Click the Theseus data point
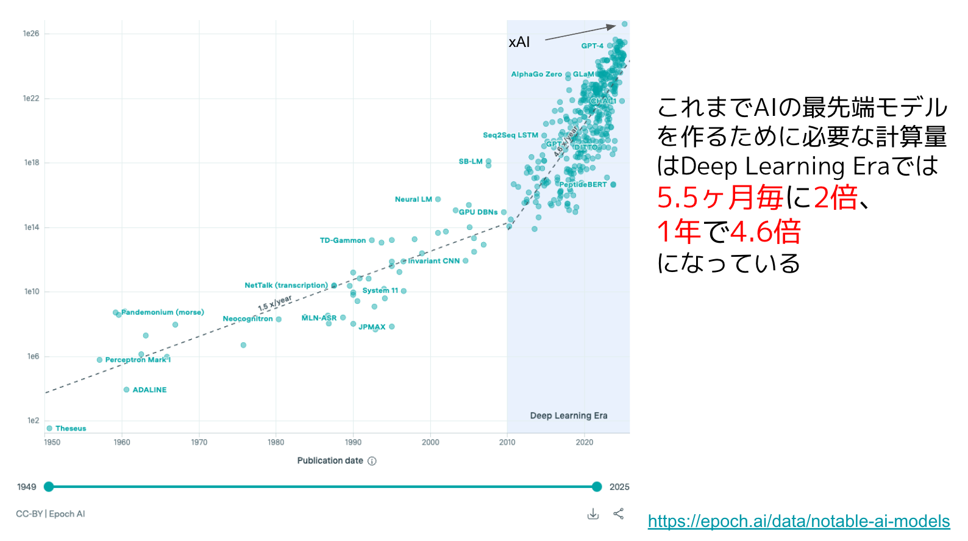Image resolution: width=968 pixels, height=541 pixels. coord(49,428)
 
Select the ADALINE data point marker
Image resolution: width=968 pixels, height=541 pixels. coord(126,390)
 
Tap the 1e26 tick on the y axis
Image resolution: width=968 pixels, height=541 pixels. coord(31,34)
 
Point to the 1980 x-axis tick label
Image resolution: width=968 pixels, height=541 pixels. coord(276,442)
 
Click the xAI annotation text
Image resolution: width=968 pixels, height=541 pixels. coord(519,42)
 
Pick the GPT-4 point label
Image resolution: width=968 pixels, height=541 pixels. coord(592,46)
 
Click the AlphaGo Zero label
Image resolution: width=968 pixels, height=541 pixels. coord(536,74)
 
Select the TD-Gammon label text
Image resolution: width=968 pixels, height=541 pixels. coord(343,240)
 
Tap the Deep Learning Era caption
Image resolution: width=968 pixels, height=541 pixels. coord(569,415)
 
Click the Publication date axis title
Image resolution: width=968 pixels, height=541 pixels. coord(330,460)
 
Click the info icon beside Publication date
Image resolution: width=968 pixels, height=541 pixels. coord(372,461)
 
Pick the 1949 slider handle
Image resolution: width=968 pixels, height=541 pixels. coord(49,487)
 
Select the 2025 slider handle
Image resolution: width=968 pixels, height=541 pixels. coord(597,487)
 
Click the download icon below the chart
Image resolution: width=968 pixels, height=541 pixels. coord(593,514)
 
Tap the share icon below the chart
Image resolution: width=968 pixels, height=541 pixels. coord(619,514)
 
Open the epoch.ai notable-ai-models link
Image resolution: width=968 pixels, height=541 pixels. coord(799,521)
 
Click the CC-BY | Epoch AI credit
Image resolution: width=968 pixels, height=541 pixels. coord(51,514)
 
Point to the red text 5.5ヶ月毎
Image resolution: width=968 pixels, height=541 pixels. coord(720,198)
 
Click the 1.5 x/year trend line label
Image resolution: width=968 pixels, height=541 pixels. coord(274,303)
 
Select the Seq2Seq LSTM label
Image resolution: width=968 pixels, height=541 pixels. coord(510,135)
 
